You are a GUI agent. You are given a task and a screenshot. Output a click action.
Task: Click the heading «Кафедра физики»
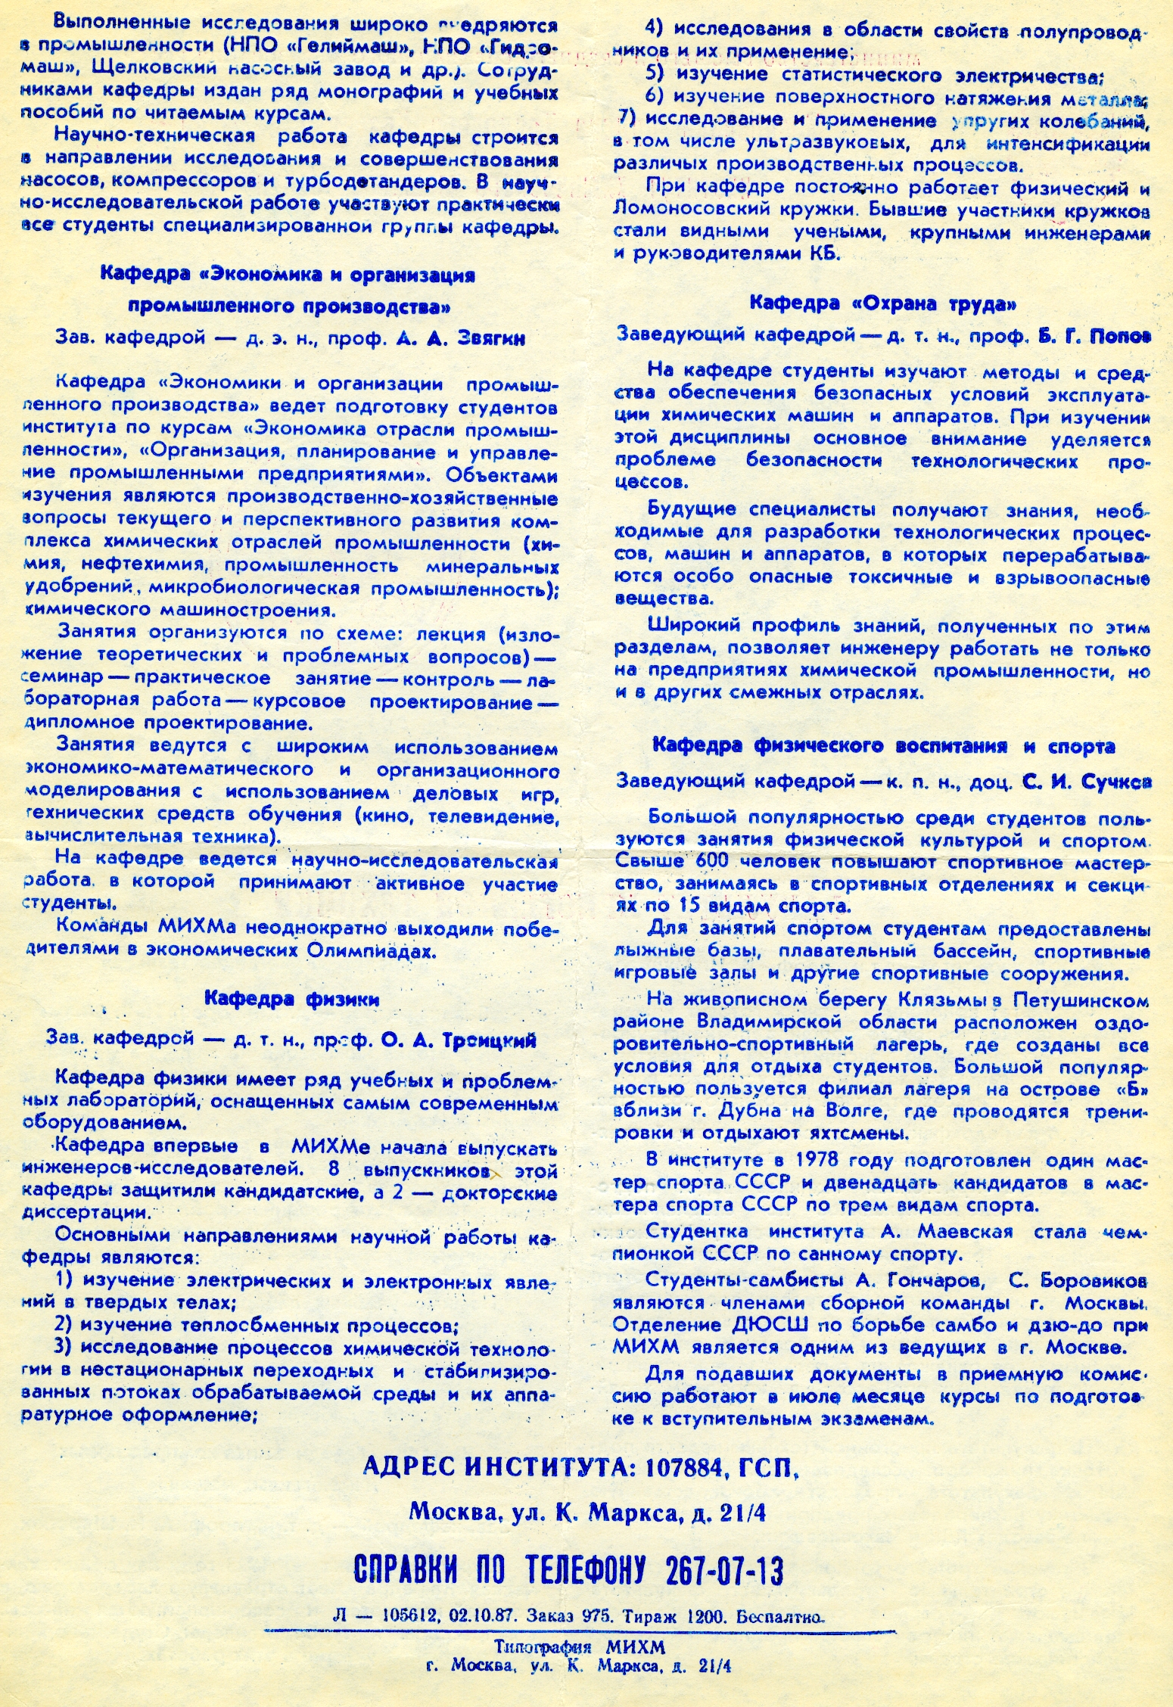291,1000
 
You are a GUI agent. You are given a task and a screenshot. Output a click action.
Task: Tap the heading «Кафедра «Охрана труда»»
882,304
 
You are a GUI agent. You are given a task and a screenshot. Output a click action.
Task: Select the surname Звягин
491,340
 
